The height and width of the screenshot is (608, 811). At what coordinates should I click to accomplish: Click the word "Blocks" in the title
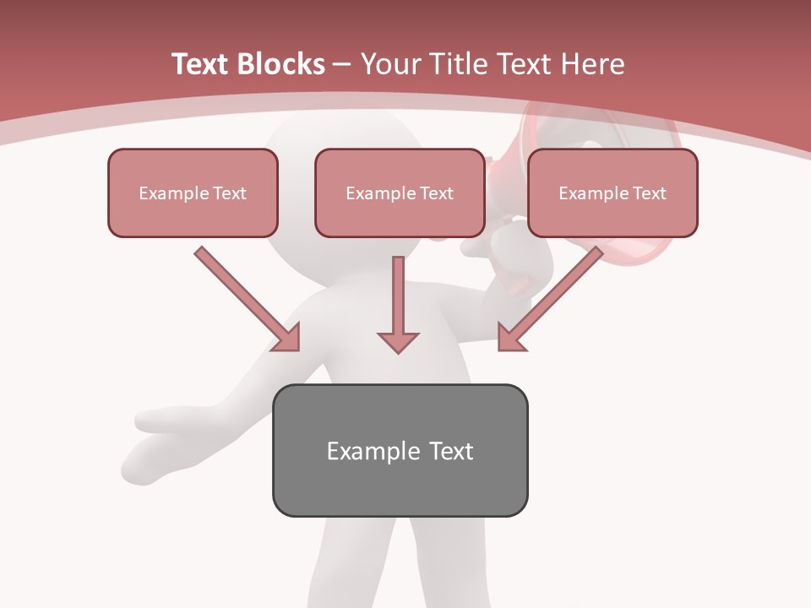(x=280, y=64)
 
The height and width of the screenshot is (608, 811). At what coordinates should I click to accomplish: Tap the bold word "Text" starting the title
(x=199, y=64)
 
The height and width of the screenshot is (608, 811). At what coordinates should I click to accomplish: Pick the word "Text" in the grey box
(x=451, y=451)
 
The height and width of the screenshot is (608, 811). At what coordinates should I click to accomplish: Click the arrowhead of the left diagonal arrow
(x=288, y=339)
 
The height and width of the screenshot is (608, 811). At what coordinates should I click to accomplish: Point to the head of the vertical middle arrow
(x=398, y=341)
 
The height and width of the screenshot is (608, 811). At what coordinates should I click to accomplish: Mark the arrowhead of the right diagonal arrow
(x=509, y=339)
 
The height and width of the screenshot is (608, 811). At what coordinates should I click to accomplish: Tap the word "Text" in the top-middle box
(x=436, y=193)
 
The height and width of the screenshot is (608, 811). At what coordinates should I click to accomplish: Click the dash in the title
(x=342, y=64)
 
